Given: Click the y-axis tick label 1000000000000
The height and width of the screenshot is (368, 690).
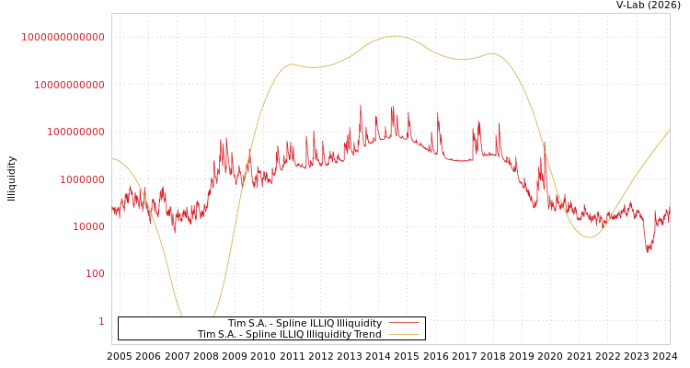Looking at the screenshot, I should click(63, 37).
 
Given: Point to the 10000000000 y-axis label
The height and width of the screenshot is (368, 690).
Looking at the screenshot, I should click(68, 85).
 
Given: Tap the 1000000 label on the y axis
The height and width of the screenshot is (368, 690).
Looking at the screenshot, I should click(81, 179).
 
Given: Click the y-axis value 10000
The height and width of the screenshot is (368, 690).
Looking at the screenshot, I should click(87, 226).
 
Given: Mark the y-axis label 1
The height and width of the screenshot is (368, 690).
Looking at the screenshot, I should click(101, 321).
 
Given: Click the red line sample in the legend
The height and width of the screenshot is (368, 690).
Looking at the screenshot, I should click(403, 323).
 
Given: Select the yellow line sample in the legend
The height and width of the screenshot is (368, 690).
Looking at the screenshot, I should click(403, 335).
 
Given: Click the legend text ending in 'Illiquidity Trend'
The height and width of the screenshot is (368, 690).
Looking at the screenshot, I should click(289, 335).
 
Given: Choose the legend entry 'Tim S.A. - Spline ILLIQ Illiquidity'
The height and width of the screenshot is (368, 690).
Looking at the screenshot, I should click(305, 323).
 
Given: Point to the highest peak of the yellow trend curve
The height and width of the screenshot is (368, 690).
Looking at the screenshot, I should click(395, 36).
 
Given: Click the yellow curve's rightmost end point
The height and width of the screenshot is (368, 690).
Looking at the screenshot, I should click(669, 131).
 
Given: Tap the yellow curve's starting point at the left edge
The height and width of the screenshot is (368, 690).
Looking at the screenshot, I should click(112, 159).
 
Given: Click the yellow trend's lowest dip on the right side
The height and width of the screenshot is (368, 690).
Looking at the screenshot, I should click(589, 237).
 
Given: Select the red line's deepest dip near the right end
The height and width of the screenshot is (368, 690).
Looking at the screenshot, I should click(648, 250).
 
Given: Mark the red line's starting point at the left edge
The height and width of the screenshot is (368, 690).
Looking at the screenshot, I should click(112, 208).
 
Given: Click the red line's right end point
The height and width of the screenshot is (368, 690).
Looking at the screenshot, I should click(669, 214).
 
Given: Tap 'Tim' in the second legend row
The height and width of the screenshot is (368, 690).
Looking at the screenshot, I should click(206, 335).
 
